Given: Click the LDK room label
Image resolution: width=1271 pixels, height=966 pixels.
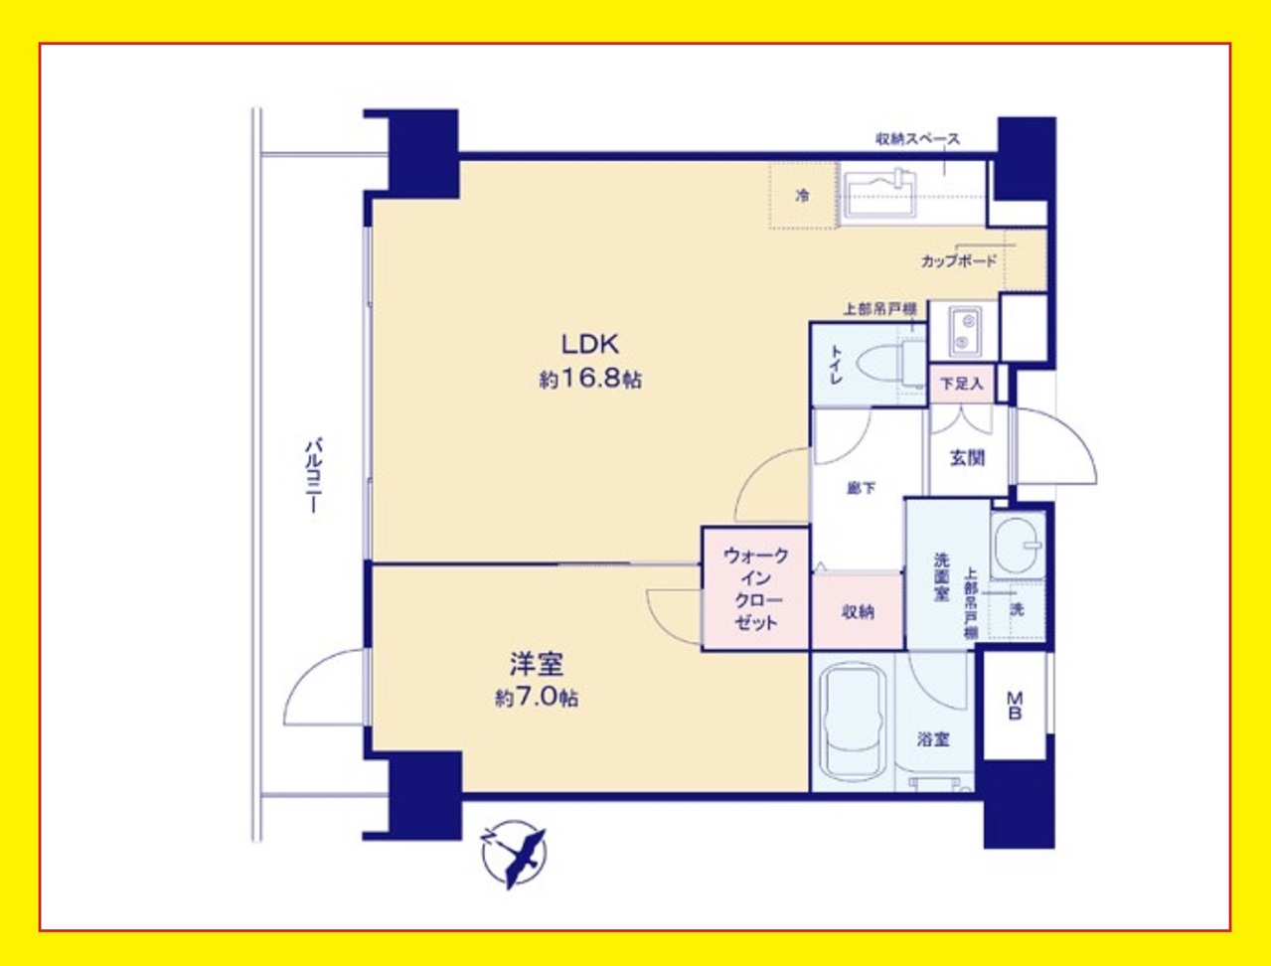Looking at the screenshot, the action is (590, 345).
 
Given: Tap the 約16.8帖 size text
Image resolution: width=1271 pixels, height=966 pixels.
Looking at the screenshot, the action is (590, 380).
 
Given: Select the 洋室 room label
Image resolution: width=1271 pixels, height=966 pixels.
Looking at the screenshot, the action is (537, 664).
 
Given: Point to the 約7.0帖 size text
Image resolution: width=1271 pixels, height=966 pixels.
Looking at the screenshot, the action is (537, 699).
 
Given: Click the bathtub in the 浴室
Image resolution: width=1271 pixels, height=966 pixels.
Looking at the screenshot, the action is (854, 724).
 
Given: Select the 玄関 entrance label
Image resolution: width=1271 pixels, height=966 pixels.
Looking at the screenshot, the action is (967, 458).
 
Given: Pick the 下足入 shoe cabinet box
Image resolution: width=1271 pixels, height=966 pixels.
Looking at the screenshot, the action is (962, 384).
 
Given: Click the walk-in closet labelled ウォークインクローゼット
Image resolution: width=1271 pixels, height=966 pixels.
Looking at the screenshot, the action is (755, 589).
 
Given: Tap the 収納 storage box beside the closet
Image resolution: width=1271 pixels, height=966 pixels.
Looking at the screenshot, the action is (858, 611).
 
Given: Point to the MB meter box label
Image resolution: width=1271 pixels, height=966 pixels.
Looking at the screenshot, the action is (1014, 705).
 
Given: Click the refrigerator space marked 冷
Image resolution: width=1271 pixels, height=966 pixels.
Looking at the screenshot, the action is (803, 195).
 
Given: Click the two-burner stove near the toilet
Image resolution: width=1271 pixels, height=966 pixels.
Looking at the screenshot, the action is (964, 331).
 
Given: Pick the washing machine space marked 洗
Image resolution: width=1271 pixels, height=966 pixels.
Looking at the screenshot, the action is (1017, 609).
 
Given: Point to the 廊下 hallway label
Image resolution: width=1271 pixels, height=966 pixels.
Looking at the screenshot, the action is (861, 488).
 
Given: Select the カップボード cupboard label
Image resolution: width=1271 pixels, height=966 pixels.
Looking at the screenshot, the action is (958, 261).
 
